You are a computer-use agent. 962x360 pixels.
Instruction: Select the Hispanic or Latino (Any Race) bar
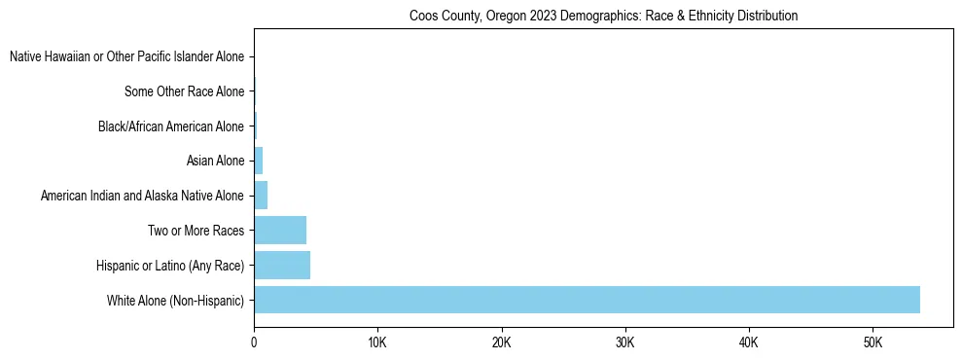(x=282, y=265)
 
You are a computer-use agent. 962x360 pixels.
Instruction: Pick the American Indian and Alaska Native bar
(x=261, y=196)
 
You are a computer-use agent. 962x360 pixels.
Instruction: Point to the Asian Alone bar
(x=258, y=161)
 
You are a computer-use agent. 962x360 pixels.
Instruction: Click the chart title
(x=603, y=16)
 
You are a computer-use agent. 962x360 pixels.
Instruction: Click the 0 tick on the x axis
(x=254, y=343)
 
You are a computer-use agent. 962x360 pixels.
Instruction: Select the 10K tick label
(x=377, y=343)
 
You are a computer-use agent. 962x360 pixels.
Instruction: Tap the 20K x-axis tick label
(x=501, y=343)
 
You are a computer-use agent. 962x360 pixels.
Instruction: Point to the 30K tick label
(x=624, y=343)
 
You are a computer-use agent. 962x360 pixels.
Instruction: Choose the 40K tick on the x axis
(x=748, y=343)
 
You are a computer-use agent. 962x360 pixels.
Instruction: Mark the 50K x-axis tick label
(x=872, y=343)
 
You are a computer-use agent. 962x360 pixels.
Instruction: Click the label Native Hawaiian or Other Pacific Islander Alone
(x=126, y=57)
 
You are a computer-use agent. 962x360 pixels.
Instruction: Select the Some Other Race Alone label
(x=184, y=91)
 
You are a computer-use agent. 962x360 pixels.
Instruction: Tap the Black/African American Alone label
(x=171, y=126)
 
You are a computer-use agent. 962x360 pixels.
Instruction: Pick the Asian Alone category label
(x=214, y=161)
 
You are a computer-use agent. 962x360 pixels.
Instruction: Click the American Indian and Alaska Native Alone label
(x=142, y=196)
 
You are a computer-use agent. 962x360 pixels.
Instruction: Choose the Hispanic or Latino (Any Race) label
(x=170, y=266)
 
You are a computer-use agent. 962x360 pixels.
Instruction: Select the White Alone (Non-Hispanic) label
(x=175, y=300)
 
